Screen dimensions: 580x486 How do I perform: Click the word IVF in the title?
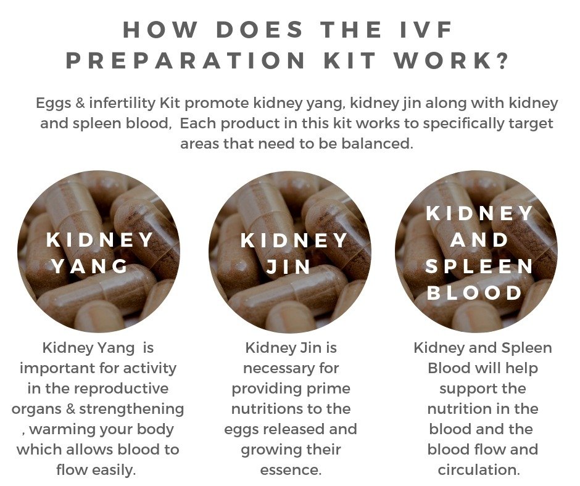click(426, 30)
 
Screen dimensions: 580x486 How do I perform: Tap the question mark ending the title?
click(502, 60)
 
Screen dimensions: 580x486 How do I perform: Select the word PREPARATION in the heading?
click(186, 60)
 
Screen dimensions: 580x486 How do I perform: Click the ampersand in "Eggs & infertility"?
click(80, 103)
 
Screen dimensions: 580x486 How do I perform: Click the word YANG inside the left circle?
click(89, 266)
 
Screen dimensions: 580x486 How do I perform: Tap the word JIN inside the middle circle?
click(289, 266)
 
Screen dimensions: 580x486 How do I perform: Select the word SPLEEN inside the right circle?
click(479, 266)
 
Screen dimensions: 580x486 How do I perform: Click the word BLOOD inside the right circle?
click(474, 293)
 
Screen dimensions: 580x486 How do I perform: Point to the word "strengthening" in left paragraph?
click(131, 409)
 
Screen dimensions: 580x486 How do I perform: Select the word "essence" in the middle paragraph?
click(289, 470)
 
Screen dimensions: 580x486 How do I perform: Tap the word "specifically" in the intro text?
click(464, 123)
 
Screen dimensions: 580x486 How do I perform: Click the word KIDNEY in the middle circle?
click(294, 240)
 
